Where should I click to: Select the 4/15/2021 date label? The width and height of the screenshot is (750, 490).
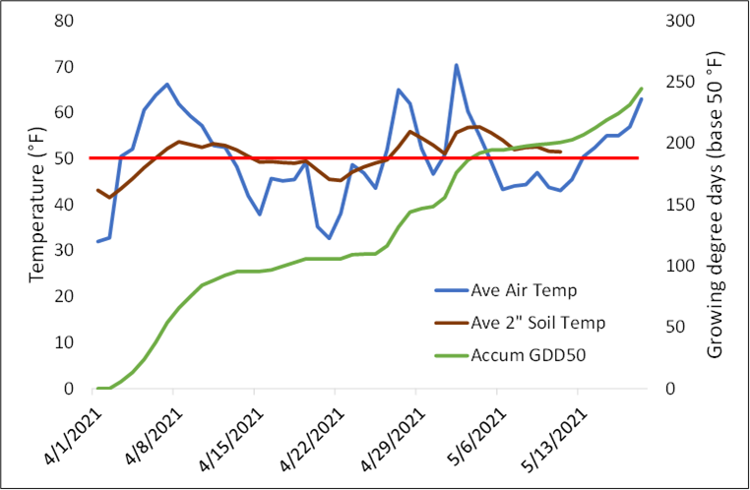[224, 433]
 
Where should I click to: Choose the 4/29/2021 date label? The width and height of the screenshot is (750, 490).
[386, 433]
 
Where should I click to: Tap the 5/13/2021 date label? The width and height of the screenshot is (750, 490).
[547, 433]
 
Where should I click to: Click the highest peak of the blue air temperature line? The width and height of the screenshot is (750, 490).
[456, 65]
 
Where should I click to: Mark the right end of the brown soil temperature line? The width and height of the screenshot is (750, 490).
[560, 152]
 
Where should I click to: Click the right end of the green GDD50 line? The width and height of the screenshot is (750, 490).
[642, 89]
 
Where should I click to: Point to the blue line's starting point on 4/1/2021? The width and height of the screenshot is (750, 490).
[97, 241]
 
